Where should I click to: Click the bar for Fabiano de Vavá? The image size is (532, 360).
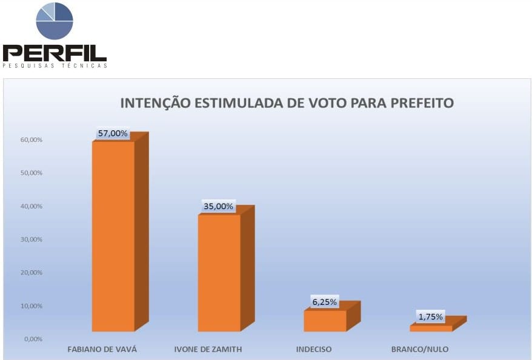click(x=113, y=236)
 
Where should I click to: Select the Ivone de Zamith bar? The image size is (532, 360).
click(x=219, y=273)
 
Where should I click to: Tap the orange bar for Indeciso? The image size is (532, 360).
click(x=325, y=321)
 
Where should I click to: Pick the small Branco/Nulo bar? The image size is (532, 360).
click(x=431, y=328)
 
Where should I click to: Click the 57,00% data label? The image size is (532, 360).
click(x=113, y=133)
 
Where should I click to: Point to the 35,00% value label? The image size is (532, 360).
click(x=218, y=206)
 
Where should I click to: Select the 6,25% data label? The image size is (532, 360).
click(x=325, y=302)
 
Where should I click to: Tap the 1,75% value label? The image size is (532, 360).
click(x=431, y=316)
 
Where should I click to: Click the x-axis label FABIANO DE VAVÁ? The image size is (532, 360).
click(x=101, y=350)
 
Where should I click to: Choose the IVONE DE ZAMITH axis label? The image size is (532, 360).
click(x=208, y=350)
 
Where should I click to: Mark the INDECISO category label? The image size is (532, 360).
click(x=314, y=350)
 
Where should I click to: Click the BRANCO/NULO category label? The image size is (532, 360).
click(x=420, y=350)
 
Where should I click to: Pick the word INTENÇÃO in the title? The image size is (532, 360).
click(x=154, y=103)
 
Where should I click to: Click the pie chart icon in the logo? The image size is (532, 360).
click(x=55, y=21)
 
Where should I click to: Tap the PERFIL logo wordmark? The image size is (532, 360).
click(x=55, y=53)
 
